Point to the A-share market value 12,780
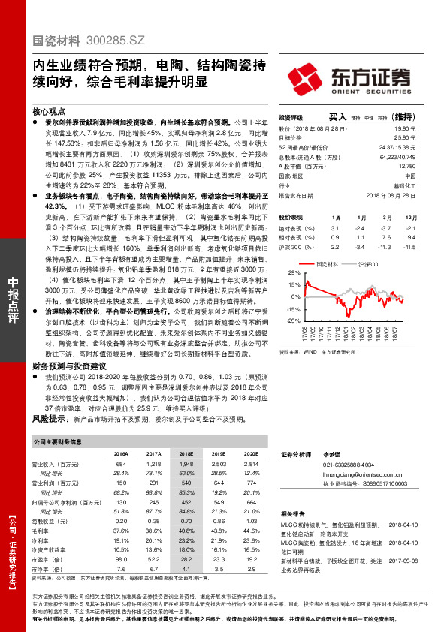click(406, 167)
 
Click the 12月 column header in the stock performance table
click(409, 217)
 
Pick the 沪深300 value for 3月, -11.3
click(386, 246)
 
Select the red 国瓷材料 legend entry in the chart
click(325, 265)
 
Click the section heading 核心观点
click(49, 110)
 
